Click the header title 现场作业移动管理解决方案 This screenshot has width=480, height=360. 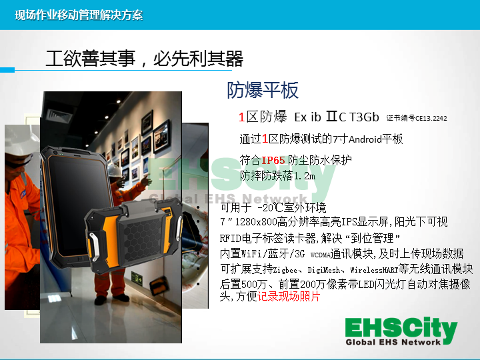79,15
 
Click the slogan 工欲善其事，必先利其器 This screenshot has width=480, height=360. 145,59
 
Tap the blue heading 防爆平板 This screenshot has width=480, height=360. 263,90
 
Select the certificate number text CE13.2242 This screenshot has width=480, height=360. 431,118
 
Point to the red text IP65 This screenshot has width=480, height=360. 273,160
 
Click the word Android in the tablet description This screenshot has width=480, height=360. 365,139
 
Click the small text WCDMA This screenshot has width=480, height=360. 320,255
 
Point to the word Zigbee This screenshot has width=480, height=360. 285,270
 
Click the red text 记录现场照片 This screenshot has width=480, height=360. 289,296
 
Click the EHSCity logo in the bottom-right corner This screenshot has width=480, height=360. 401,331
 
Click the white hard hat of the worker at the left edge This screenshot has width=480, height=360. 21,140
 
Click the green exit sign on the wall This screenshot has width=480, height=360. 137,277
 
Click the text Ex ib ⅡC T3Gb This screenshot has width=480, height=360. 337,117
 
